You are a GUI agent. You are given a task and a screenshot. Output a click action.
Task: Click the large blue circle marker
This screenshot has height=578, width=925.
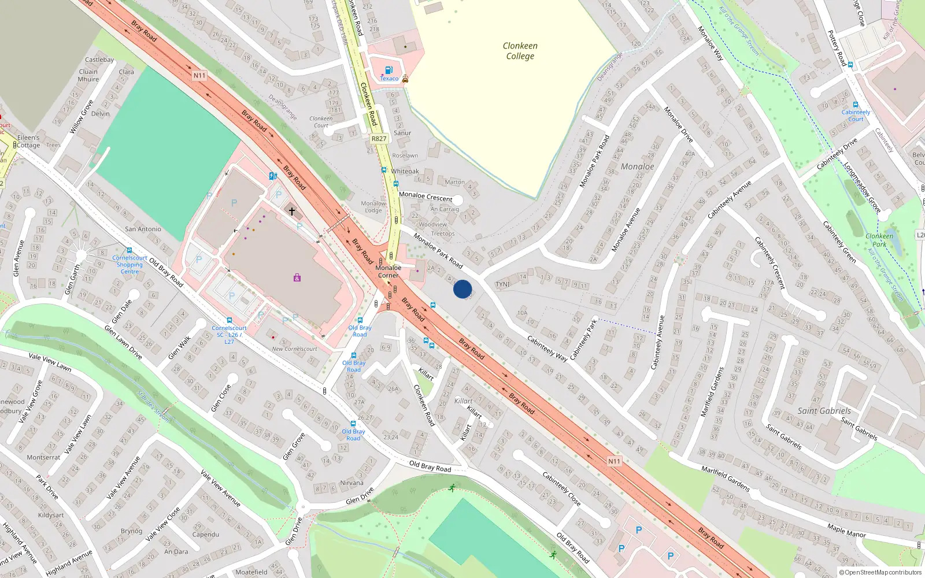(462, 289)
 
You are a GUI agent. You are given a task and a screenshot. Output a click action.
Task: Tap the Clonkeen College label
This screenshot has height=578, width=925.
(520, 51)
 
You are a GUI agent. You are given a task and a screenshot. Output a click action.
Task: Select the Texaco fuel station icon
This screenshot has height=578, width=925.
(388, 71)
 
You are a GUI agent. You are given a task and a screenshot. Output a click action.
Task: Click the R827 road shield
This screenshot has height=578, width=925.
(379, 139)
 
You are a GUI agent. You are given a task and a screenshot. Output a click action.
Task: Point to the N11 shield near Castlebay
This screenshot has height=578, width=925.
(199, 76)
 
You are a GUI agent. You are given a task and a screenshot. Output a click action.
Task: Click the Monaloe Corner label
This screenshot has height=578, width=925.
(388, 271)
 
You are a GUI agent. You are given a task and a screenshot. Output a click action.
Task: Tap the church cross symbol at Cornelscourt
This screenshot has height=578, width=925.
(292, 212)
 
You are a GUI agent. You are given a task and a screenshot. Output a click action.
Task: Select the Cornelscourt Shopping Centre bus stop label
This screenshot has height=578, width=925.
(129, 265)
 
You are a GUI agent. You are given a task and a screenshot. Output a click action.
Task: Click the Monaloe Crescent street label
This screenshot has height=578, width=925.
(425, 197)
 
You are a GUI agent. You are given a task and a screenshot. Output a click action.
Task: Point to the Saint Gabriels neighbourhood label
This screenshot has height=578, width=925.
(824, 411)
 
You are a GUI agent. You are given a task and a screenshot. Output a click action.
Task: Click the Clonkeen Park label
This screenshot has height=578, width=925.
(879, 240)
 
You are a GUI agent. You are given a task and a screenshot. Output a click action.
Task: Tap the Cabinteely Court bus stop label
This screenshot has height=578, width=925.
(856, 116)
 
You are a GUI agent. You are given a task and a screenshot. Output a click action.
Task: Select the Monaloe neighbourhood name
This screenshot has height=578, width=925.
(637, 166)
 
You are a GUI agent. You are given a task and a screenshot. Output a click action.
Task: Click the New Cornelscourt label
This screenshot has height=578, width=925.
(294, 349)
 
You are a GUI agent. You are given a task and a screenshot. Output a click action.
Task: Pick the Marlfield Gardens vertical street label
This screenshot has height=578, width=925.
(712, 391)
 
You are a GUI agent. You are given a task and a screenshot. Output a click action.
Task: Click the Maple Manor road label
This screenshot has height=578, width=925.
(846, 531)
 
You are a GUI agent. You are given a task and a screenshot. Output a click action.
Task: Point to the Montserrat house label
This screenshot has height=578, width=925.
(43, 457)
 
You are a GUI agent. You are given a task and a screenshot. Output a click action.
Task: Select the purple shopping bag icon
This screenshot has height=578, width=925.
(297, 278)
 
